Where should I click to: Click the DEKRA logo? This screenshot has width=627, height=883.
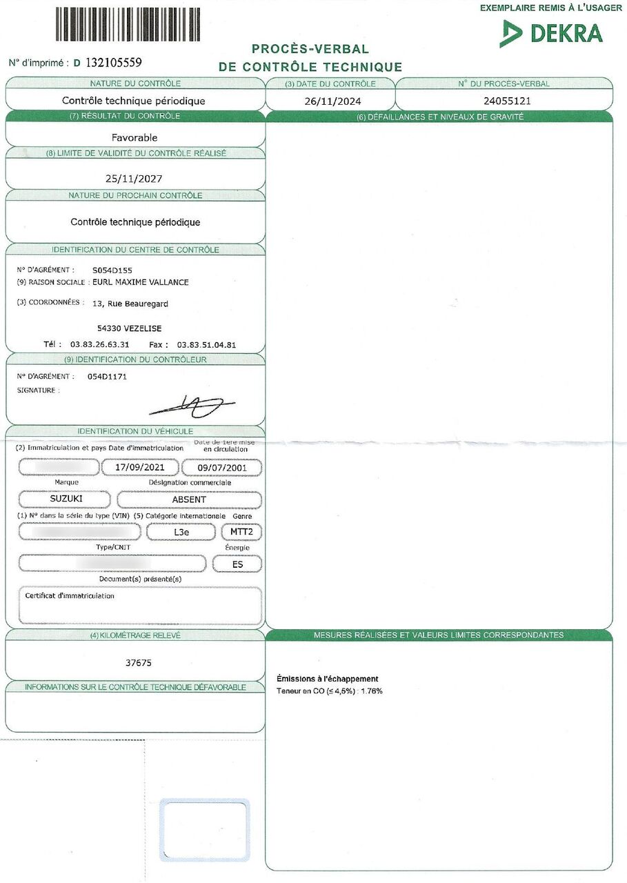click(551, 33)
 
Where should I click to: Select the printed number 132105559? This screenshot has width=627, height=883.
click(114, 63)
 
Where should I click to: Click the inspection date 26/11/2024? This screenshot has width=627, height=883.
click(330, 100)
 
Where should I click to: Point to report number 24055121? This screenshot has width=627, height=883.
click(504, 100)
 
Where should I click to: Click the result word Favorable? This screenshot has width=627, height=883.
click(135, 137)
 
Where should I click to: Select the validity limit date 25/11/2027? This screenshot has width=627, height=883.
click(134, 178)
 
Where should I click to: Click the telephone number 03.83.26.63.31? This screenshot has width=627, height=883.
click(100, 344)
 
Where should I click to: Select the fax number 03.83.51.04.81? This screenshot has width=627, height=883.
click(207, 344)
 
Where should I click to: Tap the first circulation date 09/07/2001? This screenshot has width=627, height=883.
click(221, 468)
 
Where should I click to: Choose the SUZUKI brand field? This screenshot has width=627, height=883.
click(66, 499)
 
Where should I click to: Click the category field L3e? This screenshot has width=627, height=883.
click(182, 532)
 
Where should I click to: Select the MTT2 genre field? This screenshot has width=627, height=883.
click(241, 532)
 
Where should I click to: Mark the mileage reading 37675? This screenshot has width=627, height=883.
click(138, 663)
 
